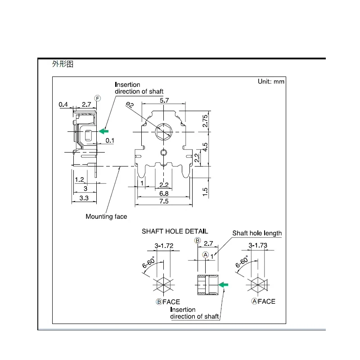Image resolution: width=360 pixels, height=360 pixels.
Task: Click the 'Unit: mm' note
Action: [271, 81]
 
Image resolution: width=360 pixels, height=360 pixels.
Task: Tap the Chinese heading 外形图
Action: [63, 64]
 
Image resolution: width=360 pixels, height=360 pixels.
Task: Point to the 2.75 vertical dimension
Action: [205, 121]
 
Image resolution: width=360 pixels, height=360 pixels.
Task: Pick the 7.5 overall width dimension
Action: [164, 201]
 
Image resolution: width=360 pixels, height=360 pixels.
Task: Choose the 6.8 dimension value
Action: [164, 193]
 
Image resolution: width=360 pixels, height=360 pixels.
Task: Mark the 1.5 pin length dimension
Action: [205, 191]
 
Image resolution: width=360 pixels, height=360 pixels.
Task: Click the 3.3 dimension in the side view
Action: [83, 197]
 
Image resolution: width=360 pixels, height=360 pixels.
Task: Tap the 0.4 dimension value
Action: [63, 105]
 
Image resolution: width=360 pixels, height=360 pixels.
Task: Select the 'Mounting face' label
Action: [106, 216]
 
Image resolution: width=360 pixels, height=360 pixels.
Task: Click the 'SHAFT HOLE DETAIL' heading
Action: [175, 231]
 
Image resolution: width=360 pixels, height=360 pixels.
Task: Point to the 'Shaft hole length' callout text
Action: [257, 233]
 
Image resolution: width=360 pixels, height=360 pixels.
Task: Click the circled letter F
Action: [97, 98]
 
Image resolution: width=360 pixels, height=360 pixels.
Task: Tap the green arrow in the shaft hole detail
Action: [224, 284]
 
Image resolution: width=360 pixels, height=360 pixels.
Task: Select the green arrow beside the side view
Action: [104, 131]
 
